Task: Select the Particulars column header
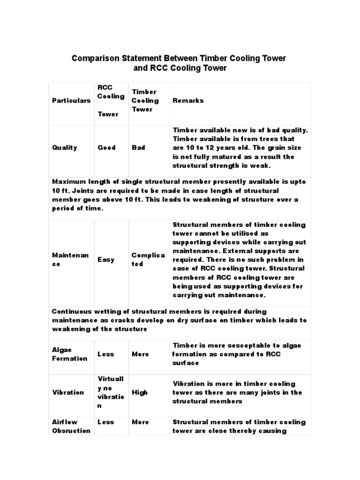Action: pos(71,101)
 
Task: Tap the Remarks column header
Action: pos(188,101)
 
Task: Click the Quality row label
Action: pos(65,148)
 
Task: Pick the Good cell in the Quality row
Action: pos(106,148)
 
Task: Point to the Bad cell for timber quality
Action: pos(138,148)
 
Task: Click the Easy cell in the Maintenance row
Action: pos(105,259)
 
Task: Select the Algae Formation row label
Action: pos(69,354)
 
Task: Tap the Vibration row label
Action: pos(68,392)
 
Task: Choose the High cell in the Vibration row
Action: pos(140,392)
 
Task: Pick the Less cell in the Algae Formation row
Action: pos(105,354)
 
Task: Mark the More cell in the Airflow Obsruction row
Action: pos(140,422)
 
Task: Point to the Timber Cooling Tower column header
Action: pos(145,100)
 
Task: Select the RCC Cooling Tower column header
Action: pos(111,100)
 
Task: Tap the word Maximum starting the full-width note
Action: pos(70,182)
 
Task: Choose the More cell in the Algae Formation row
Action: pos(140,354)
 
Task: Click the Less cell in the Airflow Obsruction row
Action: pos(105,422)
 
